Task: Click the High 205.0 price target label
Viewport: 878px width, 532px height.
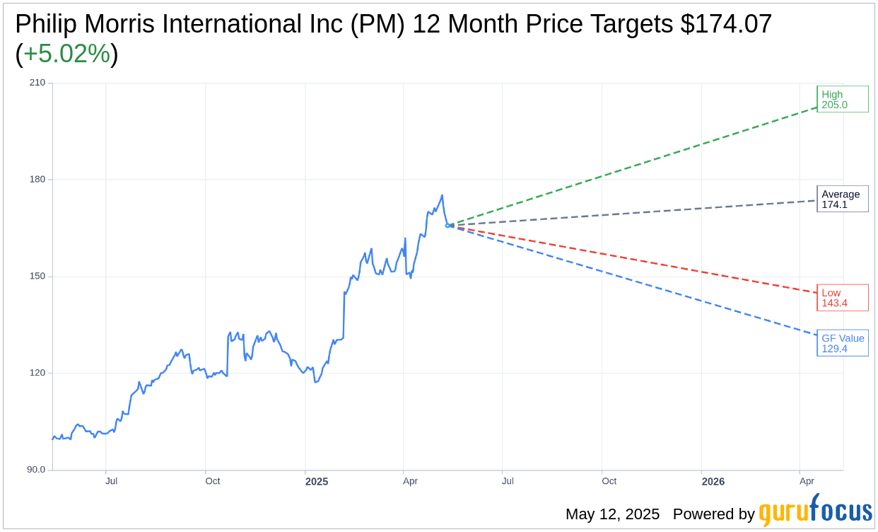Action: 842,99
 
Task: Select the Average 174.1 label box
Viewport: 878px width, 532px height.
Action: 842,199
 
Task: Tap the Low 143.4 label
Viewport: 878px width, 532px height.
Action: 842,298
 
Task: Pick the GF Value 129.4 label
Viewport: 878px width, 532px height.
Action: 842,343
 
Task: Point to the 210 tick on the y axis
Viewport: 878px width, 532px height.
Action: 37,83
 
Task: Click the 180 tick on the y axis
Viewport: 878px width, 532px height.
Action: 37,180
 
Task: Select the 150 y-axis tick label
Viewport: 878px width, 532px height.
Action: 37,277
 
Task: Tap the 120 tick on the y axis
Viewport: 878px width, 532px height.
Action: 37,373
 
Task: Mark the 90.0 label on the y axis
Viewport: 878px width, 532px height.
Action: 36,470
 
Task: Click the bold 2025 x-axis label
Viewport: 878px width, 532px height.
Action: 317,482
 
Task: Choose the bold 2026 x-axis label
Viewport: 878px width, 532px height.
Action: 713,482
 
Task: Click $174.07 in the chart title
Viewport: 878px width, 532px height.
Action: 726,24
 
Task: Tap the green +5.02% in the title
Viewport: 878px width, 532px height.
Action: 66,54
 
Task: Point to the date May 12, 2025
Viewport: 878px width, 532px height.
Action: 612,514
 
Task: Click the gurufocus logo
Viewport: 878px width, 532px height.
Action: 815,511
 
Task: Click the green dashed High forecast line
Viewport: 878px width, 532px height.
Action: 636,166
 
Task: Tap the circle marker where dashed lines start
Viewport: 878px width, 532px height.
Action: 447,226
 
